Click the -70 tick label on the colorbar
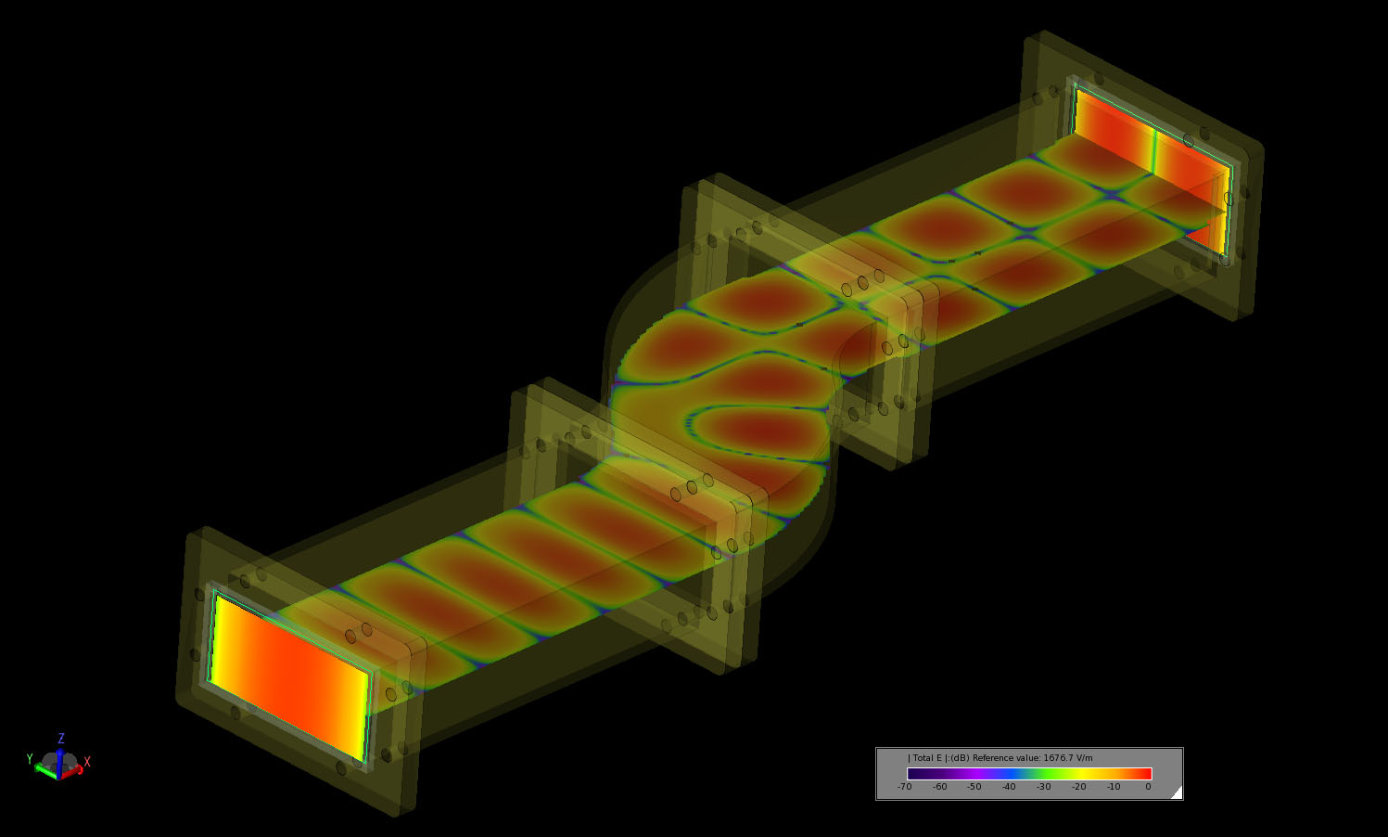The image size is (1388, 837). click(x=904, y=787)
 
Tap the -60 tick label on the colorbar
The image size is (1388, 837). click(x=939, y=787)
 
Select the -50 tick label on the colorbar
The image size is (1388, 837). click(x=974, y=787)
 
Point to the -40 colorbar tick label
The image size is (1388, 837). click(x=1009, y=787)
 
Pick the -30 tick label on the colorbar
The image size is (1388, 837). click(x=1043, y=787)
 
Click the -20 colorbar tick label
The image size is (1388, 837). click(x=1078, y=787)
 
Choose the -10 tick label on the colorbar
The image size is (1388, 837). click(x=1114, y=787)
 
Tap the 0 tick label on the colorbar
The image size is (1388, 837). click(x=1148, y=787)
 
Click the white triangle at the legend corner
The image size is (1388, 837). click(x=1177, y=792)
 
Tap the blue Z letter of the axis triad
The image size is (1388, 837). click(x=61, y=739)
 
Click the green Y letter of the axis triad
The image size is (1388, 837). click(x=30, y=759)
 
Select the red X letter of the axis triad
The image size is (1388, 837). click(x=87, y=762)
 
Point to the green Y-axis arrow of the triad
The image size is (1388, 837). click(x=44, y=769)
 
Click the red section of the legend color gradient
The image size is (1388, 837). click(x=1136, y=774)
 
